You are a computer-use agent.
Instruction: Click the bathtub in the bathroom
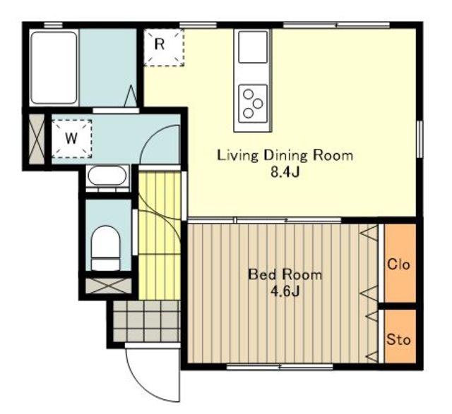(54, 68)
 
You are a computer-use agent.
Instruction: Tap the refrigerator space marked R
(164, 47)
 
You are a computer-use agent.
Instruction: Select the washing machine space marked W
(71, 139)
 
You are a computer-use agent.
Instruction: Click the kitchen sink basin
(253, 47)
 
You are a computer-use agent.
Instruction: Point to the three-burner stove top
(253, 104)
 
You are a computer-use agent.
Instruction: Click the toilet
(105, 248)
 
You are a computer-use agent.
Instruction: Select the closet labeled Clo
(400, 263)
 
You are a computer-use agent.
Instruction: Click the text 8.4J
(285, 172)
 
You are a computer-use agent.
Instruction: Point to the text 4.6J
(285, 291)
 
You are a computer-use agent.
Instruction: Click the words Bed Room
(285, 274)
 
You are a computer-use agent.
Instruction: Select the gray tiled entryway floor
(146, 322)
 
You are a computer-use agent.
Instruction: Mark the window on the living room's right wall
(420, 139)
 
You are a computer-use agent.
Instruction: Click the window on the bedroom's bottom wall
(280, 367)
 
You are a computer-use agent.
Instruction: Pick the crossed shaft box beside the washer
(37, 139)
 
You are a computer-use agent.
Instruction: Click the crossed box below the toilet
(108, 286)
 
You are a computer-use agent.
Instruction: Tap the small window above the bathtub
(53, 25)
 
